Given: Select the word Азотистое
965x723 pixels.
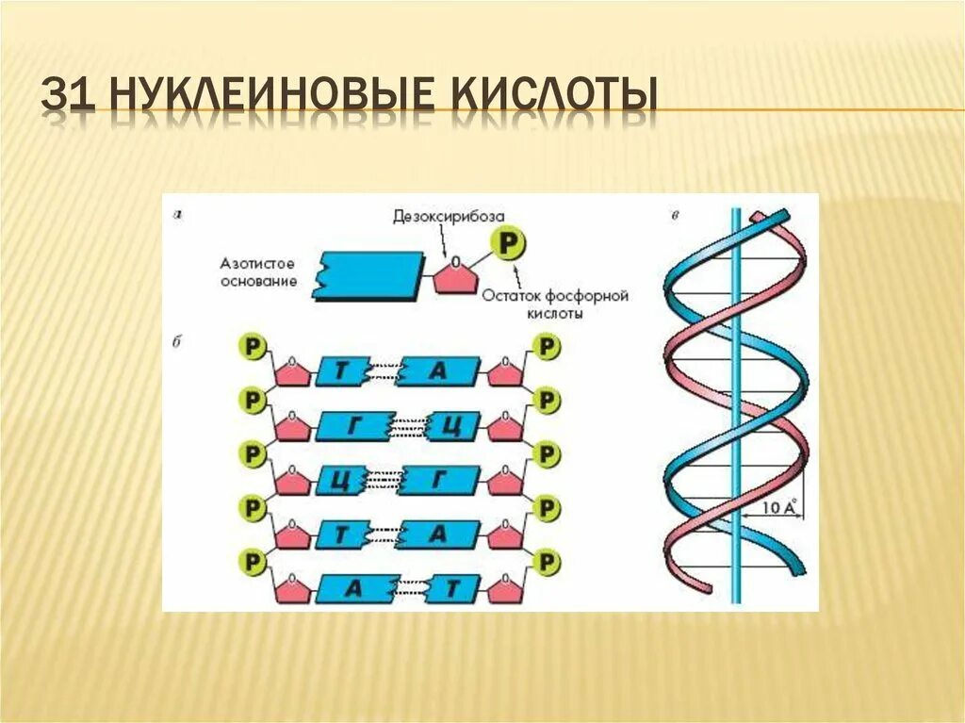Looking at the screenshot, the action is click(x=256, y=264).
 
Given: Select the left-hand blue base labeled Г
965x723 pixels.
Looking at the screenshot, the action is click(x=352, y=426).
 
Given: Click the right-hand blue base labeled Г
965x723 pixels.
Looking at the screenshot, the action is click(x=439, y=481).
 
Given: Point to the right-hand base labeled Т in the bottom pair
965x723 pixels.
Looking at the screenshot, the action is click(x=453, y=589).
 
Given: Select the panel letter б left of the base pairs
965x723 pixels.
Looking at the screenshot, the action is click(x=178, y=339).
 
